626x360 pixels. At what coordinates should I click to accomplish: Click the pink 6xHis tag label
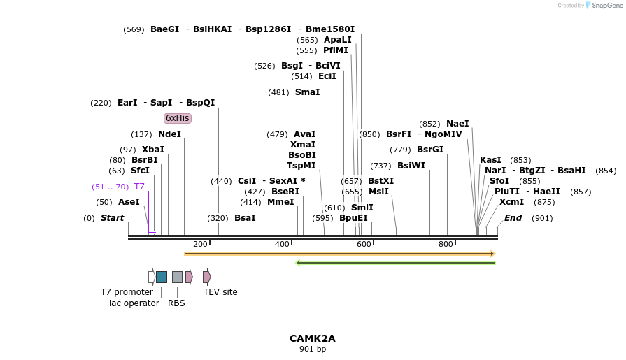[x=177, y=118]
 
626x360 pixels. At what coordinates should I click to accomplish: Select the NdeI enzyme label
[x=169, y=134]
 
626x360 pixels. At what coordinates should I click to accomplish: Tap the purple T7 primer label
[x=139, y=187]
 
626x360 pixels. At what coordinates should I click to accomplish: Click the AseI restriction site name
[x=129, y=202]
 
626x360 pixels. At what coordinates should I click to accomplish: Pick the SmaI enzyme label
[x=307, y=92]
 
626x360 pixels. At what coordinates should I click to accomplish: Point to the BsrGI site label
[x=430, y=150]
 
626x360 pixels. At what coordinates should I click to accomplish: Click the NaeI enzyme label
[x=457, y=124]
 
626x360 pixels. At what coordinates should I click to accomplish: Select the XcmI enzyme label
[x=511, y=202]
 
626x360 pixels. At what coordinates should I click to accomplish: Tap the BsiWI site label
[x=411, y=166]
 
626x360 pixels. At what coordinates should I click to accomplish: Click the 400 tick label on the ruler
[x=282, y=244]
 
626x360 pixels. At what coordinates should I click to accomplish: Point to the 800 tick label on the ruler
[x=446, y=244]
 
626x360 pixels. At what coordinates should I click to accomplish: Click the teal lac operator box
[x=162, y=277]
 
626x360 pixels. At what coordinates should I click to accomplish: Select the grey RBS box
[x=177, y=277]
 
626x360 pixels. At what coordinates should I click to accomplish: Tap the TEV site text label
[x=220, y=292]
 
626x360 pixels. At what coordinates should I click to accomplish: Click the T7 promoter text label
[x=127, y=292]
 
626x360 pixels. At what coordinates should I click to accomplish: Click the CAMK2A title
[x=313, y=338]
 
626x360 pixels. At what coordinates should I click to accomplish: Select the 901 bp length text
[x=313, y=349]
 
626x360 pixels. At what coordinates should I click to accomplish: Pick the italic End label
[x=513, y=218]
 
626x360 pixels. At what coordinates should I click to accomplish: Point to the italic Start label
[x=112, y=218]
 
